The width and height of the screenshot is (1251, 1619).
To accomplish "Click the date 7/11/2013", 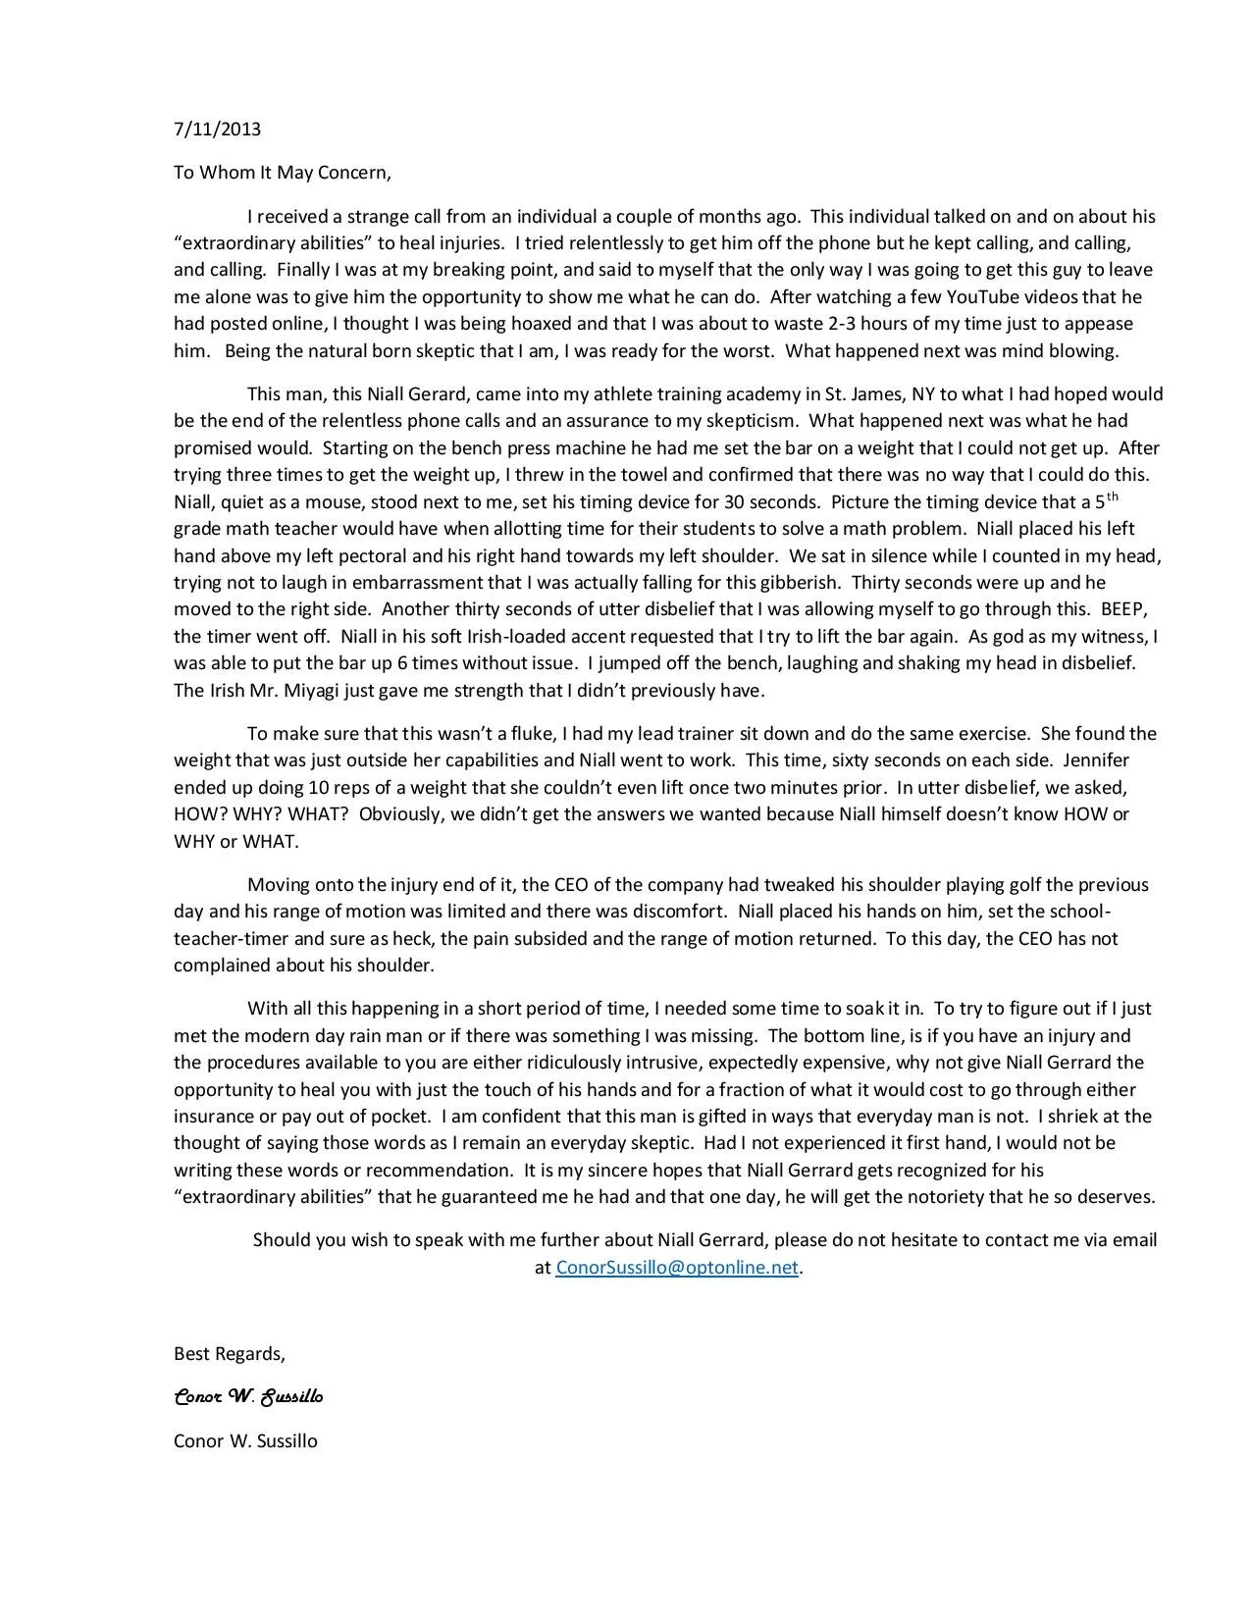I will coord(217,129).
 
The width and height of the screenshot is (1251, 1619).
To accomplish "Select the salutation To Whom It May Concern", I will coord(283,173).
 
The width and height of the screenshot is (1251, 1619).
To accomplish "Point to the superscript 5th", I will coord(1107,499).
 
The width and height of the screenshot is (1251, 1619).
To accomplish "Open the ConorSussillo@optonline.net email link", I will coord(677,1267).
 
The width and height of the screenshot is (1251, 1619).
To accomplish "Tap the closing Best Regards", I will coord(230,1354).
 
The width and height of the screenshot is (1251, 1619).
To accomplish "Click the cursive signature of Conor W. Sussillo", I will coord(248,1397).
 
